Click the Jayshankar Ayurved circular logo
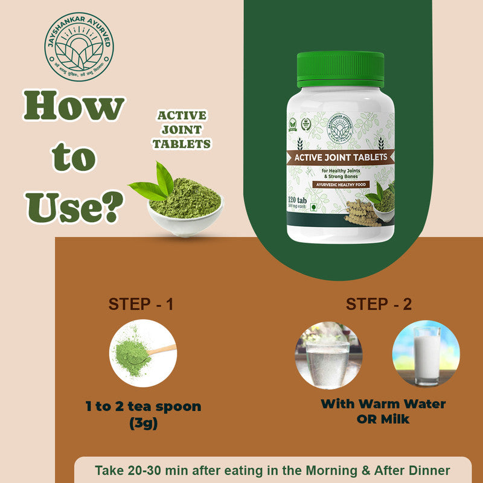point(78,46)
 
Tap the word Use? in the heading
point(75,205)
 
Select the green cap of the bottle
point(340,69)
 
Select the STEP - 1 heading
point(141,304)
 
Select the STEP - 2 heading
point(379,304)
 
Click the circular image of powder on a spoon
point(142,353)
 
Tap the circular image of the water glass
point(327,354)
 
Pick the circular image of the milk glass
point(426,354)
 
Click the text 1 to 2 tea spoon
point(143,406)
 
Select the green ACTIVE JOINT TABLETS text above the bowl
point(181,129)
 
